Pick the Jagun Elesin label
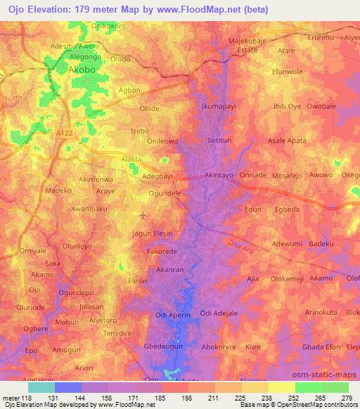click(x=153, y=233)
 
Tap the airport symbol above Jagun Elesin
click(x=144, y=215)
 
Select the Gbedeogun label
click(x=164, y=347)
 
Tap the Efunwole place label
click(x=286, y=72)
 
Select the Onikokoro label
click(x=110, y=26)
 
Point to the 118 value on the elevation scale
click(x=28, y=397)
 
